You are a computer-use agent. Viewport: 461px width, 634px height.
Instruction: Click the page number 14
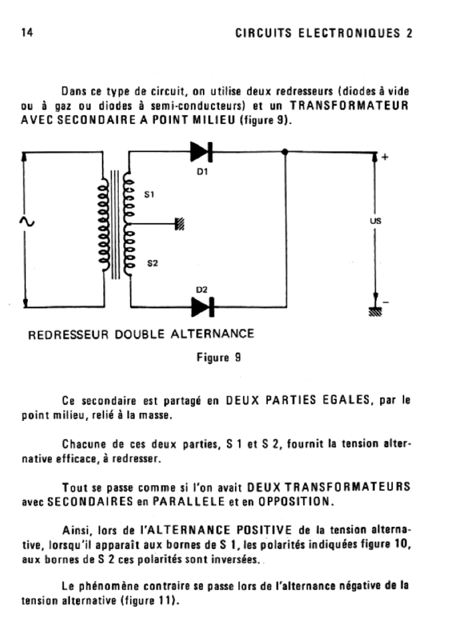click(x=27, y=33)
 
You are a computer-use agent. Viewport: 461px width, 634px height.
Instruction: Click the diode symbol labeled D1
click(x=202, y=152)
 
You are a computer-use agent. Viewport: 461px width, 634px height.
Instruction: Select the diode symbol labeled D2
click(x=202, y=306)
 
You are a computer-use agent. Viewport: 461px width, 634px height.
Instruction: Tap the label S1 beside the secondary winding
click(x=149, y=195)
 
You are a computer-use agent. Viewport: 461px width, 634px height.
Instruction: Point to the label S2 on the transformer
click(x=152, y=263)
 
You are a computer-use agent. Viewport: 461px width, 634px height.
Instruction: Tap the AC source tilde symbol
click(x=28, y=222)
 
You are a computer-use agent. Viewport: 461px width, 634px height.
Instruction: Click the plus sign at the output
click(x=386, y=157)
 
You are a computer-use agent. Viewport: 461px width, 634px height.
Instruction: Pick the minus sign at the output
click(x=386, y=302)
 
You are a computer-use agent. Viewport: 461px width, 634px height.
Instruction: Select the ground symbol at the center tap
click(x=180, y=224)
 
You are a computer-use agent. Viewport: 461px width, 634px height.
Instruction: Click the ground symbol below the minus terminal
click(x=375, y=313)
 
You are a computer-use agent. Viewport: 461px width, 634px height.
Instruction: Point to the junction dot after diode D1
click(x=285, y=152)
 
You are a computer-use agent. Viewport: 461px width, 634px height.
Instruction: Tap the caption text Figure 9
click(x=218, y=357)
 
